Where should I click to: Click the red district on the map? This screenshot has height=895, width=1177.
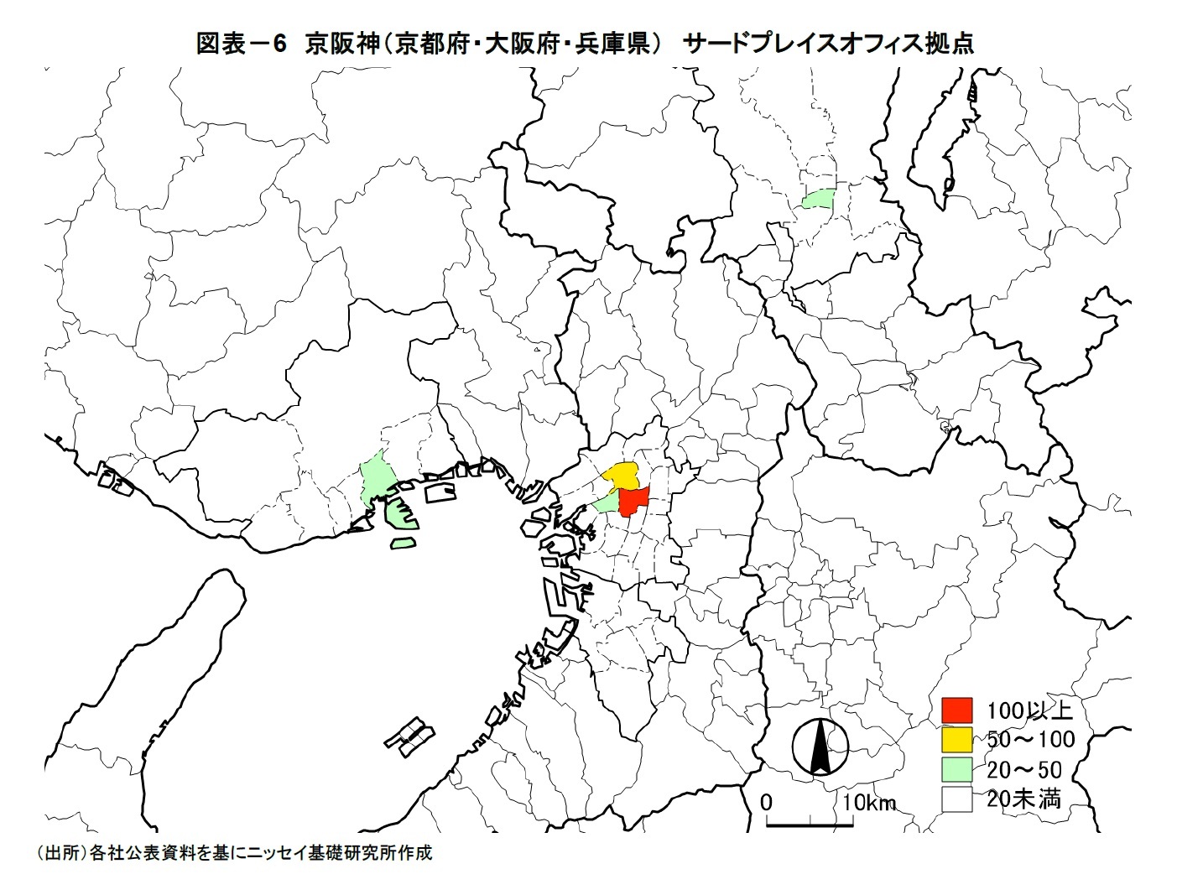tap(633, 502)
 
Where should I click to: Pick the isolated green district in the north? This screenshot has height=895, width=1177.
tap(818, 199)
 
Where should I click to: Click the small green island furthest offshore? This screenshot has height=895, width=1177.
tap(404, 543)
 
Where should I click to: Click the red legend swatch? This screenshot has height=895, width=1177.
tap(956, 710)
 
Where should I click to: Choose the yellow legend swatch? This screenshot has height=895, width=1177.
tap(956, 740)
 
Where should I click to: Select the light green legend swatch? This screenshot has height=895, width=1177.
tap(956, 769)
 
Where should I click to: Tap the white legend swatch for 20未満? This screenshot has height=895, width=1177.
tap(956, 799)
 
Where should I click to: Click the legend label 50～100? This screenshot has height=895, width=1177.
tap(1031, 740)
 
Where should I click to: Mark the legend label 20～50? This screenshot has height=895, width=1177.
tap(1024, 769)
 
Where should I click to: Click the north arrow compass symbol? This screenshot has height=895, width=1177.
tap(820, 746)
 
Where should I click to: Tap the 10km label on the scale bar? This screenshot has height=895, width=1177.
tap(869, 803)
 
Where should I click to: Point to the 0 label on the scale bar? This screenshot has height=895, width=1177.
tap(765, 802)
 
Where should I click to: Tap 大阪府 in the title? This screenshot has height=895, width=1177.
tap(520, 44)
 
